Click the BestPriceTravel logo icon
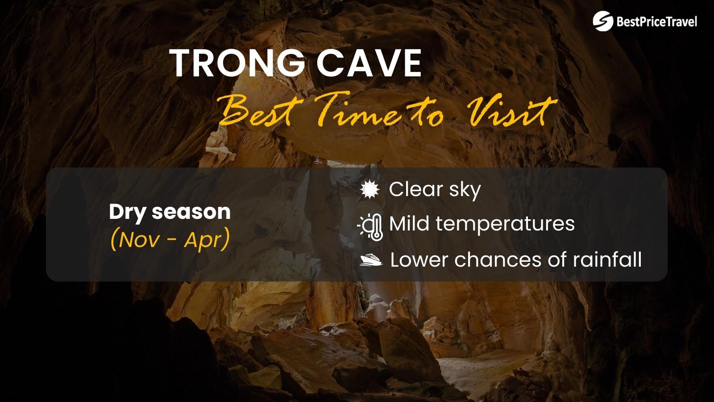click(x=603, y=21)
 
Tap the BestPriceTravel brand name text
click(x=656, y=21)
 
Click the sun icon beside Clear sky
click(x=369, y=190)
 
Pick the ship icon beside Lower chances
click(x=371, y=260)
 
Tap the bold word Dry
click(x=128, y=212)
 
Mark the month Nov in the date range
click(x=140, y=240)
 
